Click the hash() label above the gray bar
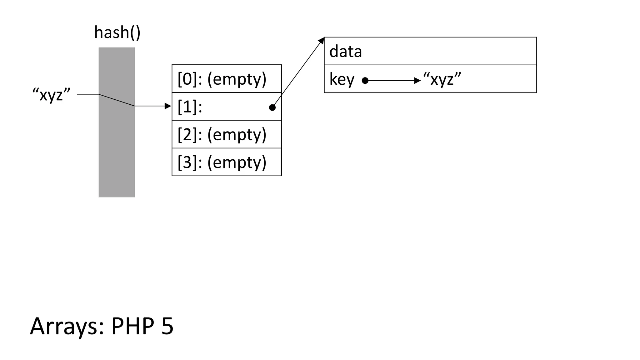(117, 33)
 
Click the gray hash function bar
(117, 150)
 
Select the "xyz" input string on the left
(52, 94)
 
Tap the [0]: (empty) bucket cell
(227, 79)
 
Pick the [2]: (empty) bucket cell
(227, 134)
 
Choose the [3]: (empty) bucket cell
(227, 162)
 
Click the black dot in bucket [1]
(272, 107)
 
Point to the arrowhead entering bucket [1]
(168, 106)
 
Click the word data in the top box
(345, 52)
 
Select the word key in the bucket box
(342, 79)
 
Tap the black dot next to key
(365, 81)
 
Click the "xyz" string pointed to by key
(442, 79)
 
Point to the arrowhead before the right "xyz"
(417, 81)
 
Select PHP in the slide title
(133, 326)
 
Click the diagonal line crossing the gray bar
(117, 100)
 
